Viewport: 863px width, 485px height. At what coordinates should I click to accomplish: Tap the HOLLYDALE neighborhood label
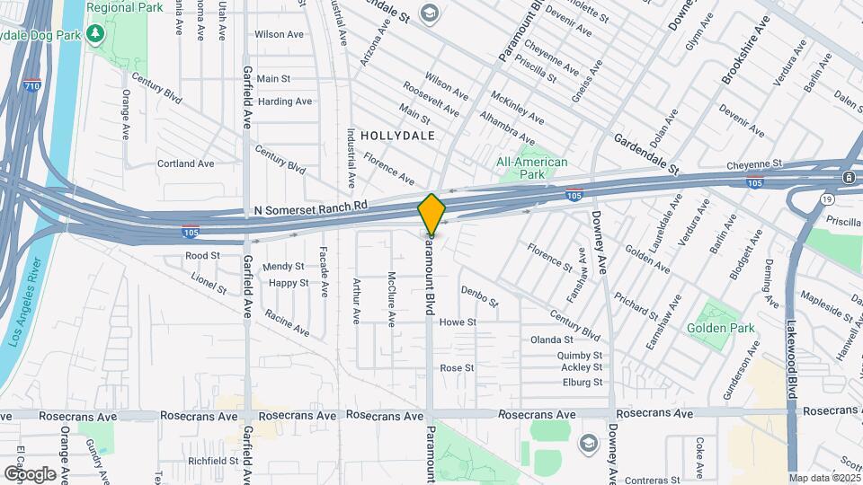(x=397, y=136)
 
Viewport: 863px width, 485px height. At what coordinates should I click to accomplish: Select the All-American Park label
(x=532, y=168)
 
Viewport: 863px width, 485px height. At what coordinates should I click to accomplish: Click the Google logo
(x=30, y=473)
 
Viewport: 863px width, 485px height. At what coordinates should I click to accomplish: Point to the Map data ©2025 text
(x=824, y=478)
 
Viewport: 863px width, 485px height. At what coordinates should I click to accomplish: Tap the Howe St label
(x=457, y=322)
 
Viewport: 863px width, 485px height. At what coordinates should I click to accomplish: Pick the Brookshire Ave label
(x=745, y=50)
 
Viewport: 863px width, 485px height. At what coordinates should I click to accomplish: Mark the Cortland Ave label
(x=186, y=164)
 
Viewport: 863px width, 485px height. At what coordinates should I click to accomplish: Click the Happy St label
(x=289, y=283)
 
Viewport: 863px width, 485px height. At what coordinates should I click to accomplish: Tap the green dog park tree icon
(x=96, y=34)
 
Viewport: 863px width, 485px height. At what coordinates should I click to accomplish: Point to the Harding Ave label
(x=284, y=101)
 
